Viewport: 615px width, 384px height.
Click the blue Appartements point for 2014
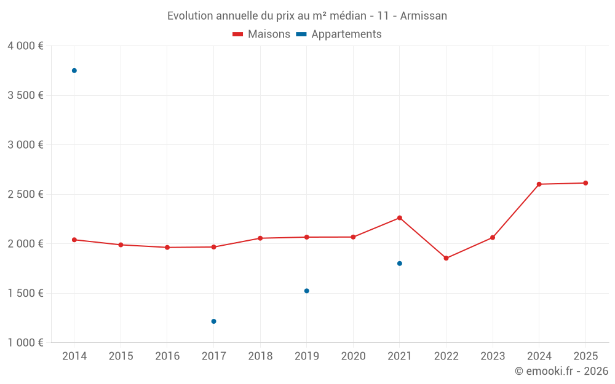tap(74, 71)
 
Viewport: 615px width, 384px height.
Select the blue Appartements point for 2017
tap(214, 321)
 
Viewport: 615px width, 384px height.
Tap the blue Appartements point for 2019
tap(307, 291)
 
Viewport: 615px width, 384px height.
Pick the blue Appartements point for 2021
tap(400, 264)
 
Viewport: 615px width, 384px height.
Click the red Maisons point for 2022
tap(446, 258)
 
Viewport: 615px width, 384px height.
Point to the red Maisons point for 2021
tap(400, 218)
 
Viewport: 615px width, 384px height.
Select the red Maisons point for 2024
tap(539, 184)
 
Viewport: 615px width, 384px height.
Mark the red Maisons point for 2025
tap(585, 183)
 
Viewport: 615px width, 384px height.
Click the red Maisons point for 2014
tap(74, 240)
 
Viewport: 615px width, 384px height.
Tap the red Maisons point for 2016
tap(167, 248)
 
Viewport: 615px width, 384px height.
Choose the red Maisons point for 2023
tap(493, 237)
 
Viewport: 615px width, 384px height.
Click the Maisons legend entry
tap(261, 34)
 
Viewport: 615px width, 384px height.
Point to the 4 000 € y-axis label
tap(25, 46)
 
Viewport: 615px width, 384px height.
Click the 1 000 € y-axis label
tap(25, 343)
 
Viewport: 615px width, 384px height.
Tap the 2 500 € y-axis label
tap(25, 194)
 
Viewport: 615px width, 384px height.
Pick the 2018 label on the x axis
tap(260, 356)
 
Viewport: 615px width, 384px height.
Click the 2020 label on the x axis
tap(353, 356)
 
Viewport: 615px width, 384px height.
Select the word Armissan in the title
tap(423, 15)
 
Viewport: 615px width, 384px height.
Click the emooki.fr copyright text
tap(561, 371)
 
